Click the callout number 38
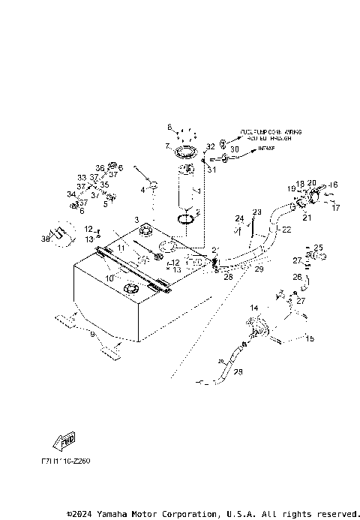[45, 239]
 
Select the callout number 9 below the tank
[92, 335]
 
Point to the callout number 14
[253, 308]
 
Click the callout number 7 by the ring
[168, 146]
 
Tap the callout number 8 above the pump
[169, 126]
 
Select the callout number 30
[234, 149]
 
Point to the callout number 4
[142, 190]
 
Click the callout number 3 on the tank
[136, 219]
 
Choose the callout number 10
[109, 278]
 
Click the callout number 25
[318, 247]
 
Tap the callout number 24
[240, 219]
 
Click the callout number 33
[82, 178]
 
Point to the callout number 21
[306, 218]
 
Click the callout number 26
[297, 277]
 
